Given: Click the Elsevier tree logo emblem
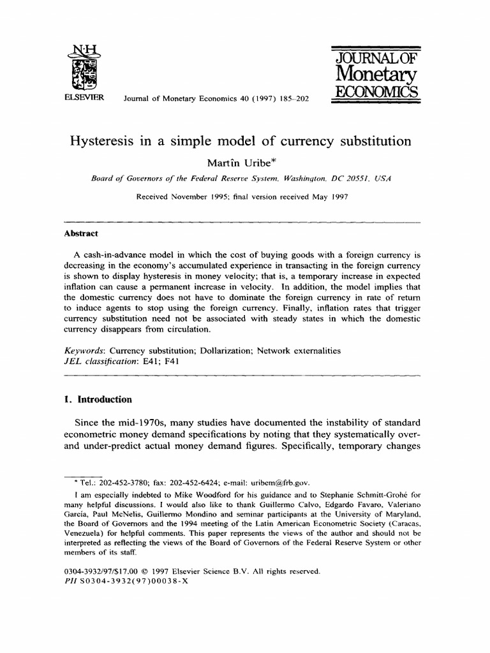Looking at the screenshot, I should (82, 67).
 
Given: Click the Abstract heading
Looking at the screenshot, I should (81, 233).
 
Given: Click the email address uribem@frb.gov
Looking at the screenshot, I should (276, 482).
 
